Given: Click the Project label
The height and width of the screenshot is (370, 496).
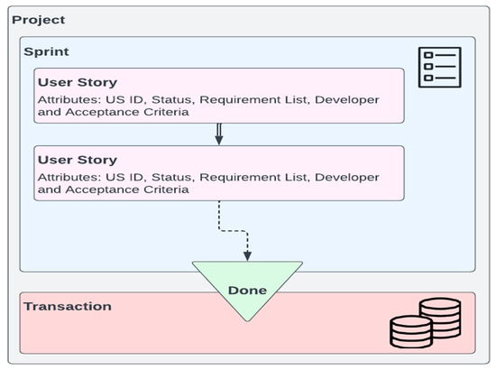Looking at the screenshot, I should pos(38,20).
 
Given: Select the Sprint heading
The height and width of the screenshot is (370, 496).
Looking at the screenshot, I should pos(46,53).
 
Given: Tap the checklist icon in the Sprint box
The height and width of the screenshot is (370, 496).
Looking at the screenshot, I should pos(439,67).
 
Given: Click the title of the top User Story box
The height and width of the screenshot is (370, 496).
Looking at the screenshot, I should pos(78,82).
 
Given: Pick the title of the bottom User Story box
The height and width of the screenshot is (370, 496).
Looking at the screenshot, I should pos(78,159).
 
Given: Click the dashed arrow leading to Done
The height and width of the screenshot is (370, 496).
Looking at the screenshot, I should pos(233,229).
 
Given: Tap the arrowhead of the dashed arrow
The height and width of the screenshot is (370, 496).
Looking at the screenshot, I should pos(247,255).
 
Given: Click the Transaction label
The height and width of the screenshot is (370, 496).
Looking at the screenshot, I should pos(68,306).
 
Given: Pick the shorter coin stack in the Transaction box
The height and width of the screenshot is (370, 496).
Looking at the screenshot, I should pos(411,332).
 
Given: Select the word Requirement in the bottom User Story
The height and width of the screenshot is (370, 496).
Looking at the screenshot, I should pos(243,175).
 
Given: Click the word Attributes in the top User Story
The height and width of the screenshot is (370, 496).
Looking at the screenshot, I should pos(68,98).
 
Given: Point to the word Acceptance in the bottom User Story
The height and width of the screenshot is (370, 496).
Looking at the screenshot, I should pos(99,190).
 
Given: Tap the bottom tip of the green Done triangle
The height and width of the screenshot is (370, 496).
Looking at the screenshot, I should pos(247,320).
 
